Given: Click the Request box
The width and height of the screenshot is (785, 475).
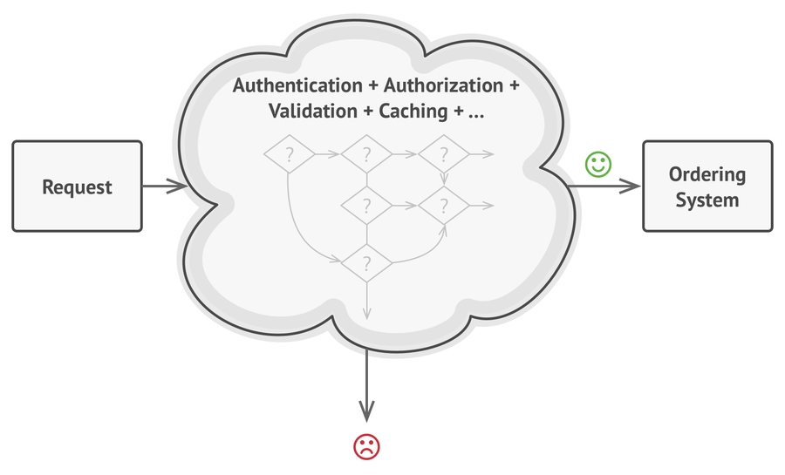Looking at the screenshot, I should (x=77, y=187).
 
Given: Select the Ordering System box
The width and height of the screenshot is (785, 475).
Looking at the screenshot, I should (x=706, y=187).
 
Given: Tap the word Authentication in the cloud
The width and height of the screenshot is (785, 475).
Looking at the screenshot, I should (x=297, y=87).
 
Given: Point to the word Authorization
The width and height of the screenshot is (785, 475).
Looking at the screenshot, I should (x=444, y=87).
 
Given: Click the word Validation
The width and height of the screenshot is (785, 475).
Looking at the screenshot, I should (x=312, y=112).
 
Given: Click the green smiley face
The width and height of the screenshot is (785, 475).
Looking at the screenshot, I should (x=598, y=164).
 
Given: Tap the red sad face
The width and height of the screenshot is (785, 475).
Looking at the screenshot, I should (x=366, y=447).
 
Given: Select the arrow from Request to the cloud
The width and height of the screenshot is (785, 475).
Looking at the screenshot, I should (x=164, y=187).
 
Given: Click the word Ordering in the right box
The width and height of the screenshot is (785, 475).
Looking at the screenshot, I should (x=706, y=174).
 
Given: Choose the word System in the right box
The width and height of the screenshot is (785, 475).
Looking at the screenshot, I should (x=706, y=200).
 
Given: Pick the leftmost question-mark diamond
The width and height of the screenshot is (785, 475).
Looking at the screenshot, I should (x=289, y=155).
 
